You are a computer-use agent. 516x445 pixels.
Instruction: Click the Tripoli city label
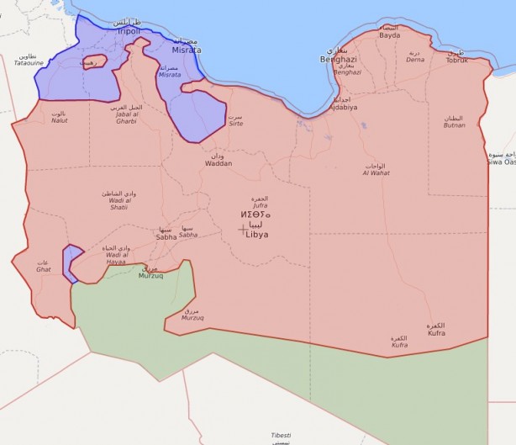click(x=129, y=31)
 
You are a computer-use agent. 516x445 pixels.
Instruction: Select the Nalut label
click(x=59, y=120)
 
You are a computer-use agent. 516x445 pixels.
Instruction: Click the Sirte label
click(x=236, y=123)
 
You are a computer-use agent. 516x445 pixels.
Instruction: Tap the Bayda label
click(x=390, y=35)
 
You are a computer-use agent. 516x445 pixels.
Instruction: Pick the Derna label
click(x=415, y=60)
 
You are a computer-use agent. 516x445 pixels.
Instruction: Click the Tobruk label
click(x=456, y=60)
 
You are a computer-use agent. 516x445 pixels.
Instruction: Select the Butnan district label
click(x=454, y=124)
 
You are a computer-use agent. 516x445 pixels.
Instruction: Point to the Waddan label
click(x=219, y=163)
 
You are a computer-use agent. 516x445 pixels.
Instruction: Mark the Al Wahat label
click(x=376, y=173)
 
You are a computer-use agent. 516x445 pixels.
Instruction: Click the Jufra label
click(x=259, y=204)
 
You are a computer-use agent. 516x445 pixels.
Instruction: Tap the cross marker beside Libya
click(x=244, y=229)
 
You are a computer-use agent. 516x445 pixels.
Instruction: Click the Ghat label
click(x=43, y=269)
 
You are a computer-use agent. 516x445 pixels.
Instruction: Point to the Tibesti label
click(x=281, y=435)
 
